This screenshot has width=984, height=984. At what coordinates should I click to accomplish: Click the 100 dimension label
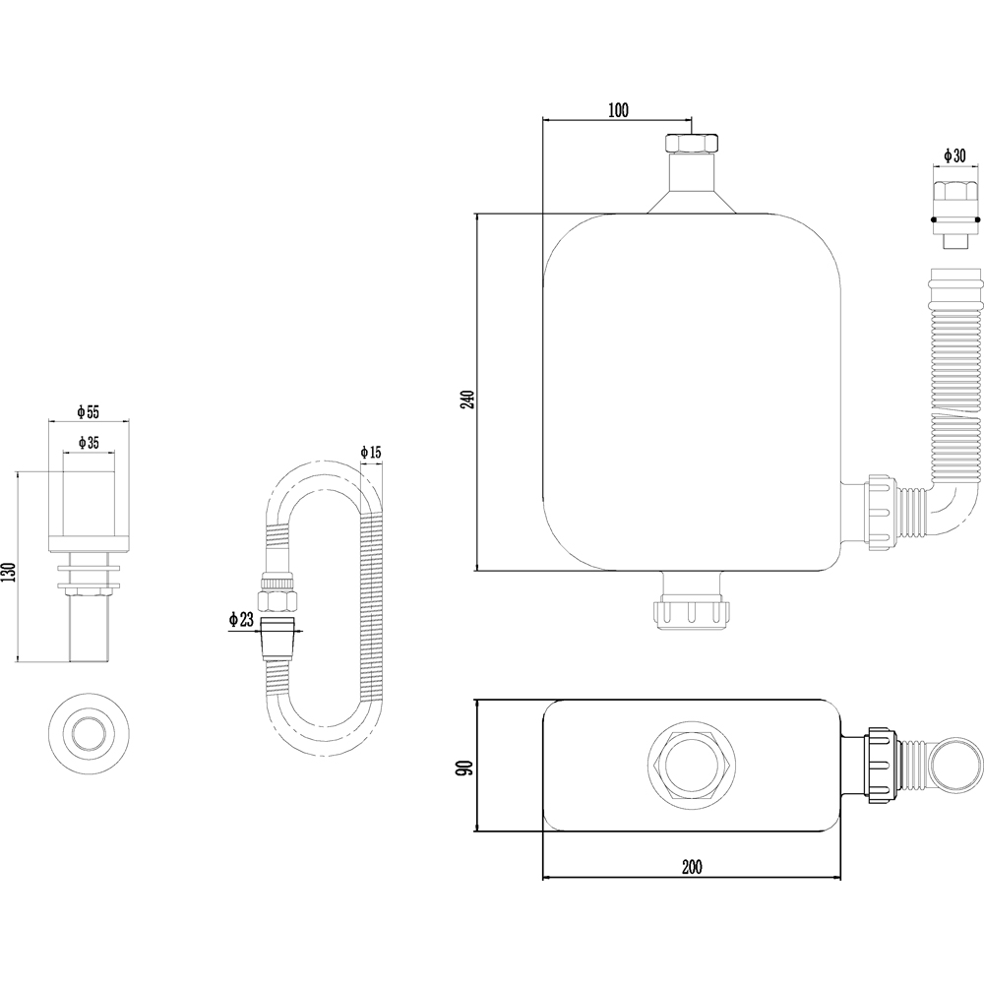(618, 110)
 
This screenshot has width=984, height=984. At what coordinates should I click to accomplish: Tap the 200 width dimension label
(692, 867)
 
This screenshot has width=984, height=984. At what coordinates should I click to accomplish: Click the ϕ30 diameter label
(954, 155)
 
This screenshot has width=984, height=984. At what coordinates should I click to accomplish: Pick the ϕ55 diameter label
(89, 411)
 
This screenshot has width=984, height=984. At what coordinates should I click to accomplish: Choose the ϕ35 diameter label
(89, 443)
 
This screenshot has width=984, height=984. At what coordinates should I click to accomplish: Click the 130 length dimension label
(8, 573)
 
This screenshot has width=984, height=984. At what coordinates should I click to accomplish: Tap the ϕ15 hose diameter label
(371, 452)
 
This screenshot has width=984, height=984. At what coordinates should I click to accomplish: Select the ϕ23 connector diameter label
(241, 620)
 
